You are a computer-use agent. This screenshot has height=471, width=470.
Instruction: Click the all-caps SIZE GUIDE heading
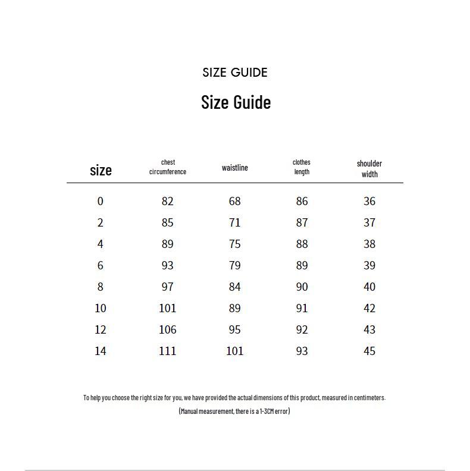click(235, 73)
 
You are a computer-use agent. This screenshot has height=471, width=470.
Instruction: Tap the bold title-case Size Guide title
click(236, 102)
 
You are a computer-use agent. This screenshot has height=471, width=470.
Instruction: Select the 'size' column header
click(101, 170)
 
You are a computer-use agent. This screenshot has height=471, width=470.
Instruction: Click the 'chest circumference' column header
click(168, 167)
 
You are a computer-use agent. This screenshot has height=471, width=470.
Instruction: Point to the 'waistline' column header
click(235, 168)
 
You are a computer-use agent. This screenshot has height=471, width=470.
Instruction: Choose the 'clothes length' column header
click(302, 167)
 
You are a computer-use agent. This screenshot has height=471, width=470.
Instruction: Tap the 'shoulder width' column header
click(369, 168)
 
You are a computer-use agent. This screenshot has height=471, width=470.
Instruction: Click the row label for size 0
click(100, 201)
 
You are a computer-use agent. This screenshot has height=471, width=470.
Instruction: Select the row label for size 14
click(100, 351)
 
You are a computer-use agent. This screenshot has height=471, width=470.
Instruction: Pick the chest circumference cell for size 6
click(167, 265)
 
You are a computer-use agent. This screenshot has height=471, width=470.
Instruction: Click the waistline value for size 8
click(235, 287)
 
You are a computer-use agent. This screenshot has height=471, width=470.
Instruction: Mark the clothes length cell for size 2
click(302, 222)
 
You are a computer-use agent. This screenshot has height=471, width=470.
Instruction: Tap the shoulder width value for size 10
click(369, 308)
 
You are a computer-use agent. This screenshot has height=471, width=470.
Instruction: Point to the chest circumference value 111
click(167, 351)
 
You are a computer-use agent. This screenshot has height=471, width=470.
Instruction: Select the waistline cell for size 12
click(235, 329)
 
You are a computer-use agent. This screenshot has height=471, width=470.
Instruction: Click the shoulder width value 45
click(369, 351)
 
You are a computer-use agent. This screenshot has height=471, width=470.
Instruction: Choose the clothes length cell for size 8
click(302, 287)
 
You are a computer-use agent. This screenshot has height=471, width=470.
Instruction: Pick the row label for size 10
click(100, 308)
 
